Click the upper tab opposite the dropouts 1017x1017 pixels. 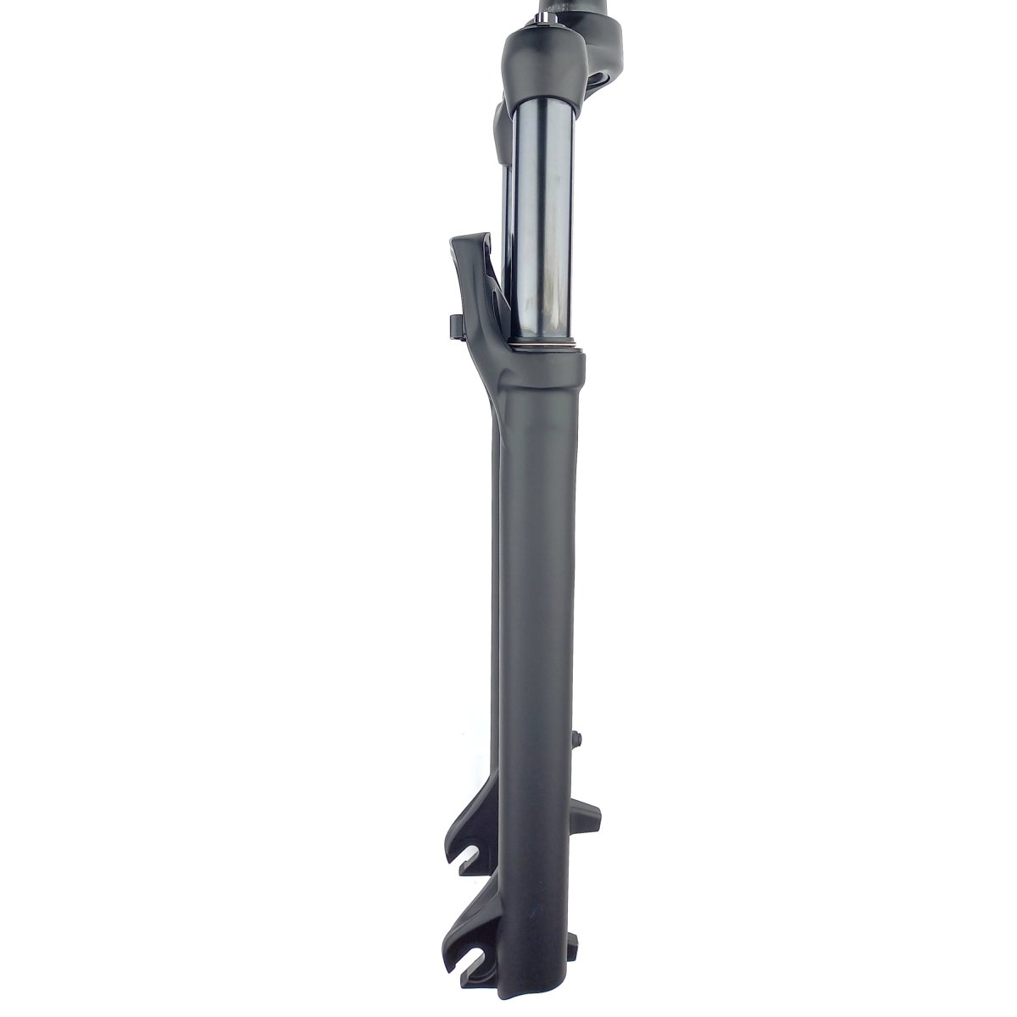(x=590, y=818)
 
